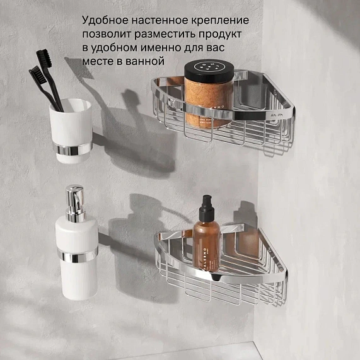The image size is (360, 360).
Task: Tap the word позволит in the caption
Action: click(105, 34)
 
